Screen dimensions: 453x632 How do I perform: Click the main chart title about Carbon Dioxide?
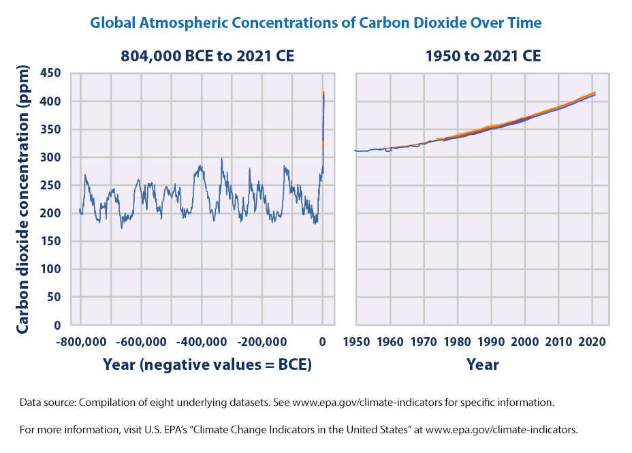pyautogui.click(x=316, y=22)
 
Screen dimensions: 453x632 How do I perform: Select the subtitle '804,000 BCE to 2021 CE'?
pyautogui.click(x=207, y=57)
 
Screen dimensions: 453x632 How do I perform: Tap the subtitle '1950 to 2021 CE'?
pyautogui.click(x=484, y=57)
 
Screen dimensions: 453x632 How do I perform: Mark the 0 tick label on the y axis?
pyautogui.click(x=58, y=326)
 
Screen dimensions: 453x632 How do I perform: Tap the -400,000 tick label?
pyautogui.click(x=201, y=341)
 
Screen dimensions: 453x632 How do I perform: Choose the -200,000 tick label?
pyautogui.click(x=262, y=341)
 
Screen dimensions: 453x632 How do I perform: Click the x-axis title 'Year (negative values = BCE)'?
pyautogui.click(x=207, y=364)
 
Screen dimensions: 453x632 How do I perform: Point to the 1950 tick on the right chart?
pyautogui.click(x=355, y=341)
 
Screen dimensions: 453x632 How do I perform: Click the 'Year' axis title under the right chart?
pyautogui.click(x=483, y=364)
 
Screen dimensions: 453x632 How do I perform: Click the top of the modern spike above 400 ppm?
pyautogui.click(x=323, y=93)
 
